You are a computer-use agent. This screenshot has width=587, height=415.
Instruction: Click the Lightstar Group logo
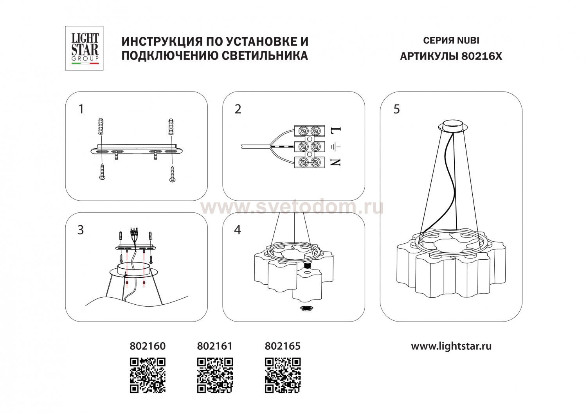(84, 48)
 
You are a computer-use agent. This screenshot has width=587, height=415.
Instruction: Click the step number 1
(81, 109)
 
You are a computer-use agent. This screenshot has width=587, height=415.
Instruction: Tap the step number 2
(238, 109)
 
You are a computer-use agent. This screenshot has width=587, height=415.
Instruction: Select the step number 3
(81, 230)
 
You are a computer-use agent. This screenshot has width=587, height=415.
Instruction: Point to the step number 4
(238, 230)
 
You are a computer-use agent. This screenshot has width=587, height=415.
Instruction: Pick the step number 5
(396, 109)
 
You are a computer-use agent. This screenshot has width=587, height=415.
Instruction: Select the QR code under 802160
(148, 375)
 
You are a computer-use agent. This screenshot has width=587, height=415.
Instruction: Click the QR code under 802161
(215, 375)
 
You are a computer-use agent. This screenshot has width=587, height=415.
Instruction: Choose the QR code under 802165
(283, 375)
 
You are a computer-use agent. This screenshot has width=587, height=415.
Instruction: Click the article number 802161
(214, 346)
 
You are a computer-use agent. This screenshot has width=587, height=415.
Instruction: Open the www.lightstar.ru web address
(451, 347)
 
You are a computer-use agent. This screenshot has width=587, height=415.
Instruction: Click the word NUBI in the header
(468, 41)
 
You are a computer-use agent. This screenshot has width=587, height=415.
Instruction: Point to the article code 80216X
(481, 56)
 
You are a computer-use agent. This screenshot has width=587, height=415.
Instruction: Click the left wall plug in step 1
(101, 127)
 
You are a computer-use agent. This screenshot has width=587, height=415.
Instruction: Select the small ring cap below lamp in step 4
(306, 308)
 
